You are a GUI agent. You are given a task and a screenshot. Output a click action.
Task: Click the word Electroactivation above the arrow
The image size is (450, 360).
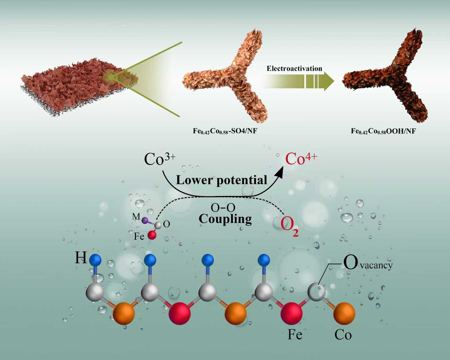294,69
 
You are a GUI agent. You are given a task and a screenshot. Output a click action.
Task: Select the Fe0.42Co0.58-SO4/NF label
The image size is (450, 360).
225,131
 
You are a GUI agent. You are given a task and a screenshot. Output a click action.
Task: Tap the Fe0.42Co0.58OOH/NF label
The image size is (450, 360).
383,131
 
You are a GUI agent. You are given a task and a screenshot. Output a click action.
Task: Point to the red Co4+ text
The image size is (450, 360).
301,159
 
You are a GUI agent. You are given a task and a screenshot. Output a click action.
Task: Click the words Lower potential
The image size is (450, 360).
221,180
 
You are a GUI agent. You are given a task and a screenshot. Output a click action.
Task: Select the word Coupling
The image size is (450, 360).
225,219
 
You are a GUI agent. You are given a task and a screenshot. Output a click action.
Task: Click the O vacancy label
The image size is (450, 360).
367,264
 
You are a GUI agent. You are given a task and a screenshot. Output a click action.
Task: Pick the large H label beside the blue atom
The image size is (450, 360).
80,258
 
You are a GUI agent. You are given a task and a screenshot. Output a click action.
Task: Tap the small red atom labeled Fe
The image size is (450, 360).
152,235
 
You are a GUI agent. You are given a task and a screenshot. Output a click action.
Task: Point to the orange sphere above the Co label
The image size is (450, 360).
344,313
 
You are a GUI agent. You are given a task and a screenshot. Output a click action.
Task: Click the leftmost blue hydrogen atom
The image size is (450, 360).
95,259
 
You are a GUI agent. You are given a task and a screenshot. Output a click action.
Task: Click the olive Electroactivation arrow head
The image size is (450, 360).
329,82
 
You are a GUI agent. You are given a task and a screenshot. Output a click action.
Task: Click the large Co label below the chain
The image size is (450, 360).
343,335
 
